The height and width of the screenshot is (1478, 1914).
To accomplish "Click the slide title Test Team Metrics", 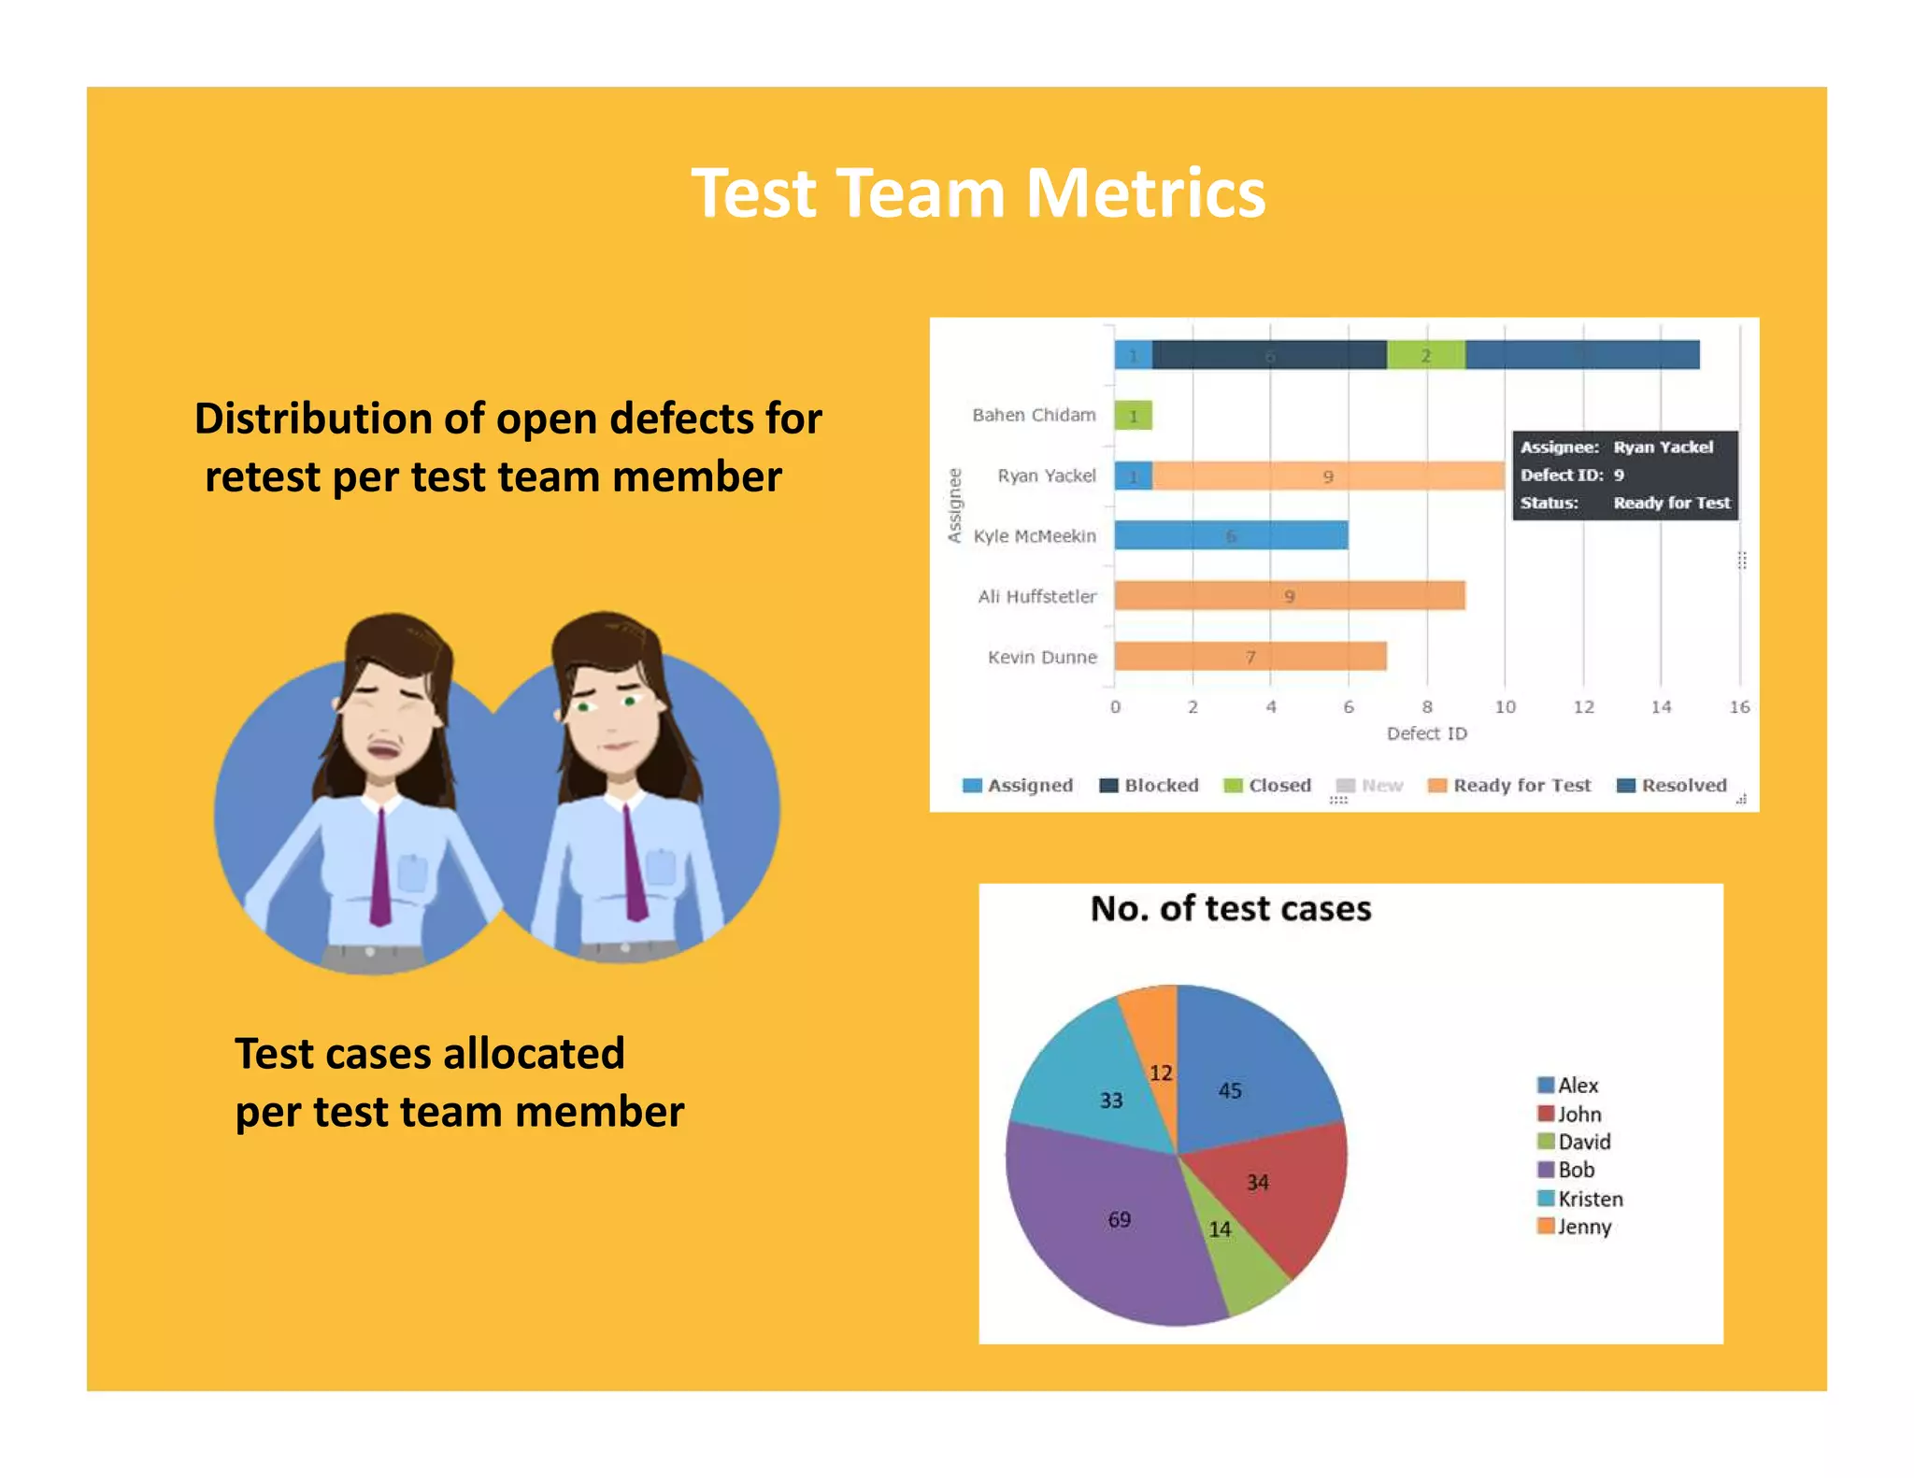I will point(978,193).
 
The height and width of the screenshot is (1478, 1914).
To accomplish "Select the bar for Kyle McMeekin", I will point(1230,535).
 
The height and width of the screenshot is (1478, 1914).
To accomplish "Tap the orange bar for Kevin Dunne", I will point(1250,657).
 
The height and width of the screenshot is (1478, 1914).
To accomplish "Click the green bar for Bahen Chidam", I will point(1133,416).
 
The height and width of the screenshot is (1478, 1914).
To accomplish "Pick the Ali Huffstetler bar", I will point(1289,596).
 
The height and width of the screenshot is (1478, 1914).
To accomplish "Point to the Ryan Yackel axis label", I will point(1046,476).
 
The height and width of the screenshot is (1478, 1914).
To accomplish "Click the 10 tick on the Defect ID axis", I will point(1505,707).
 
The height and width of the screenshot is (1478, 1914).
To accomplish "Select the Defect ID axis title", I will point(1426,733).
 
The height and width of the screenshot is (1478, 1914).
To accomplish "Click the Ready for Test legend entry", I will point(1510,786).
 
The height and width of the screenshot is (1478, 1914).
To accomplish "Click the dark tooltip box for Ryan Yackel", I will point(1624,475).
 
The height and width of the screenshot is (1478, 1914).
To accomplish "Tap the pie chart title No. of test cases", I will point(1231,909).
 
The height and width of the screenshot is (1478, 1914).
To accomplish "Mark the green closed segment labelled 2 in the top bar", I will point(1425,356).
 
